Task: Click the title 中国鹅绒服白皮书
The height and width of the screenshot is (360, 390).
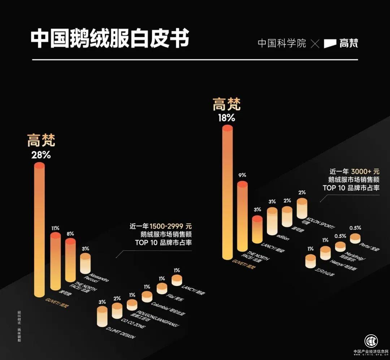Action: click(110, 39)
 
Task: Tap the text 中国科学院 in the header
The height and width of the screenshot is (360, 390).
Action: click(282, 43)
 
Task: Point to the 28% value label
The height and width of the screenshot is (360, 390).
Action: click(41, 156)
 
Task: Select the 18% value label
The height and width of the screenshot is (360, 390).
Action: click(226, 118)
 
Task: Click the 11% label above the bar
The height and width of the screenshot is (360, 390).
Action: click(55, 228)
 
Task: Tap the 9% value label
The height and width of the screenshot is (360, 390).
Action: click(242, 175)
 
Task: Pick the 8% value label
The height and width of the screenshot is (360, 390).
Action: click(70, 234)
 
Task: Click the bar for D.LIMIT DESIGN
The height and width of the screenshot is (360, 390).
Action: click(102, 317)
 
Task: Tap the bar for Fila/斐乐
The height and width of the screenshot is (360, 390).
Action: click(162, 288)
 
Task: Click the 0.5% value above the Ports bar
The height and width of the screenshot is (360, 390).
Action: click(355, 228)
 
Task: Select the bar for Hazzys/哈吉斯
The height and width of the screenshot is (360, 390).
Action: click(325, 252)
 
